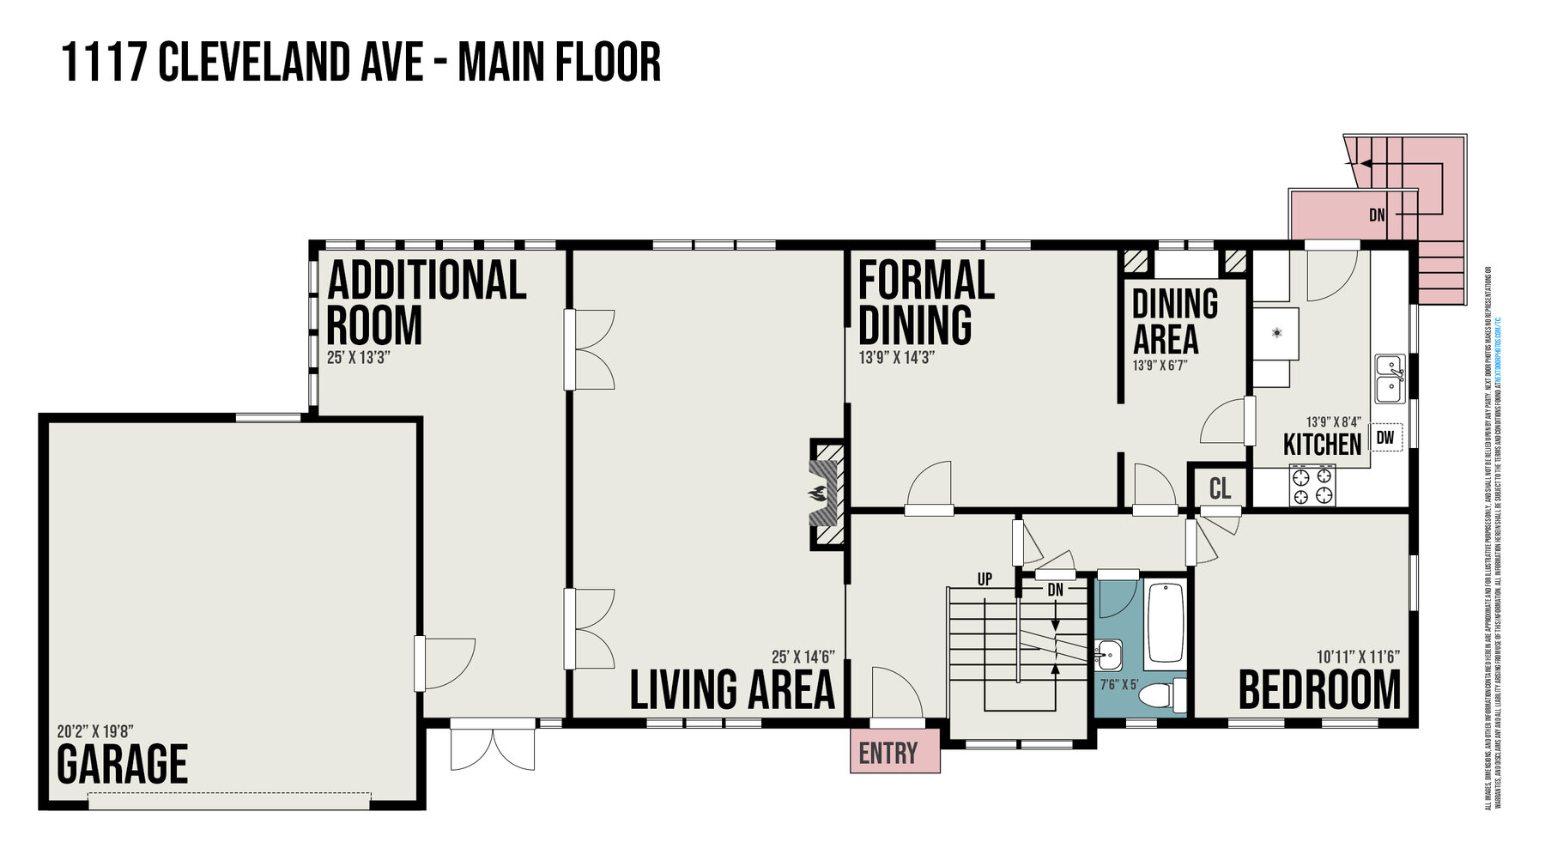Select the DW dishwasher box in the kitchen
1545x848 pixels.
coord(1384,438)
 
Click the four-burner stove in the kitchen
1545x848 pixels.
coord(1312,486)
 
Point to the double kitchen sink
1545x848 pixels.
coord(1389,379)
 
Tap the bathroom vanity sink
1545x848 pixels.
coord(1109,655)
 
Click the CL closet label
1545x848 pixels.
coord(1220,488)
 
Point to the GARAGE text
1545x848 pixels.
coord(122,765)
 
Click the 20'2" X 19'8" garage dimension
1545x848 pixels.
coord(95,732)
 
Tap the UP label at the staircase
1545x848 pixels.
coord(985,579)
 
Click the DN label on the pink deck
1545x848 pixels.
coord(1377,215)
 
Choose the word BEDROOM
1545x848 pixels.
coord(1319,690)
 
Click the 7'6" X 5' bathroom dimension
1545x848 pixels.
coord(1118,685)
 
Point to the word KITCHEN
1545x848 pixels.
coord(1322,445)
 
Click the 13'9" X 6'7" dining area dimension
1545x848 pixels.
coord(1160,366)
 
